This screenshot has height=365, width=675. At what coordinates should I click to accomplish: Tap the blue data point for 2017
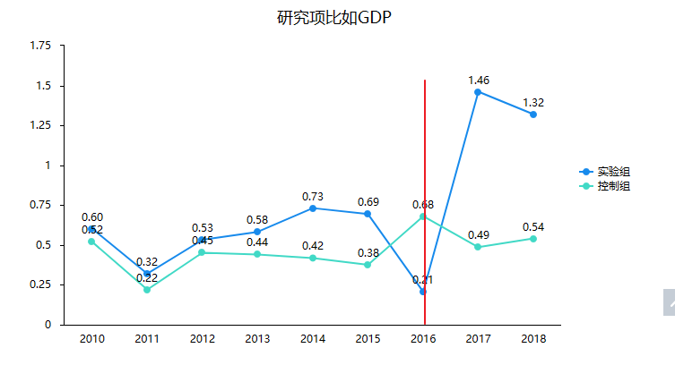pyautogui.click(x=478, y=92)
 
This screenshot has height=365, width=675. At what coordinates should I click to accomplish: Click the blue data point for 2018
pyautogui.click(x=533, y=115)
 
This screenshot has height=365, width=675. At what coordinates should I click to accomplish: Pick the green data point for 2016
pyautogui.click(x=423, y=216)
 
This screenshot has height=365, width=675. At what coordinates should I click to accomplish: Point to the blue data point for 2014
pyautogui.click(x=312, y=208)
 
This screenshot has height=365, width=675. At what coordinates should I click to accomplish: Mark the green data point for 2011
pyautogui.click(x=147, y=290)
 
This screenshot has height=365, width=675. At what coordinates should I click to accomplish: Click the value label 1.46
pyautogui.click(x=479, y=81)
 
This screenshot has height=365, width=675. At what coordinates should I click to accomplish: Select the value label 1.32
pyautogui.click(x=533, y=103)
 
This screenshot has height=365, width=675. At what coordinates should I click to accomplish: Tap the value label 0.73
pyautogui.click(x=313, y=197)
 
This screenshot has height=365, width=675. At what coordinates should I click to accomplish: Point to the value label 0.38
pyautogui.click(x=368, y=253)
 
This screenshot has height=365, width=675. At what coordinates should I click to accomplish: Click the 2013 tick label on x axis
pyautogui.click(x=257, y=339)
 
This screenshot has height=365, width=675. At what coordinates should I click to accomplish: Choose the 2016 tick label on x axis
pyautogui.click(x=423, y=339)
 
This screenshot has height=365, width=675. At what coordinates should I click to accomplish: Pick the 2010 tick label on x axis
pyautogui.click(x=91, y=339)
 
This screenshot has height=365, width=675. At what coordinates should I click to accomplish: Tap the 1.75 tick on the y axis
pyautogui.click(x=40, y=46)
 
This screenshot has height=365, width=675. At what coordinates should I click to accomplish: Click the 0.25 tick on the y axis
pyautogui.click(x=40, y=284)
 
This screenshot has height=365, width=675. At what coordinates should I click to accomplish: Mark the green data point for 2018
pyautogui.click(x=533, y=239)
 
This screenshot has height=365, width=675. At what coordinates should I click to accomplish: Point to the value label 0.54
pyautogui.click(x=533, y=227)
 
